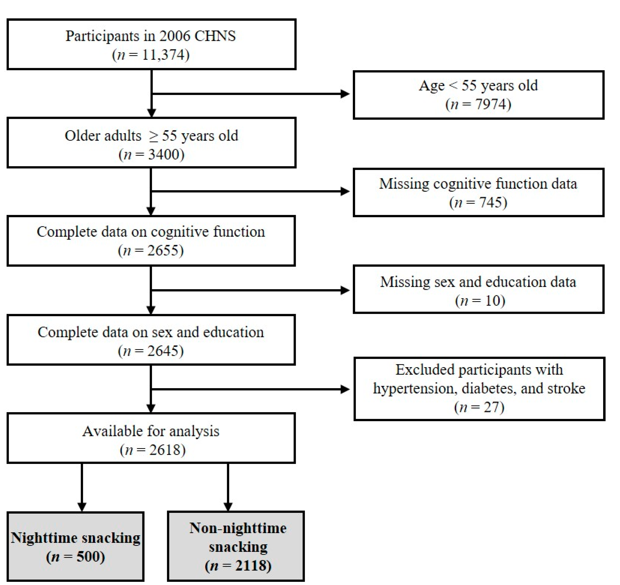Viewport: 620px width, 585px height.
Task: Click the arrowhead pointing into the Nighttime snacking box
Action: tap(82, 507)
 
